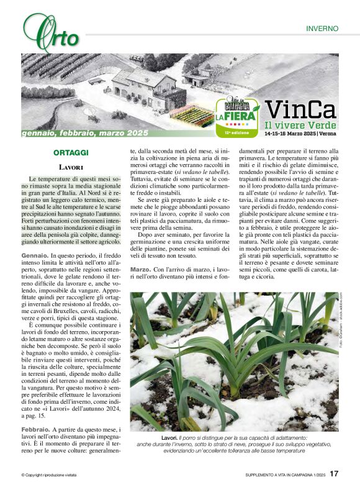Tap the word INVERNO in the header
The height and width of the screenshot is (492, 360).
[322, 29]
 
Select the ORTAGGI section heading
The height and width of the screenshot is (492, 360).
[71, 152]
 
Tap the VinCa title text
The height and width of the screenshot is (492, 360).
[300, 110]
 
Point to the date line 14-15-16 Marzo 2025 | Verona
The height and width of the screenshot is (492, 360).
[300, 134]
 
